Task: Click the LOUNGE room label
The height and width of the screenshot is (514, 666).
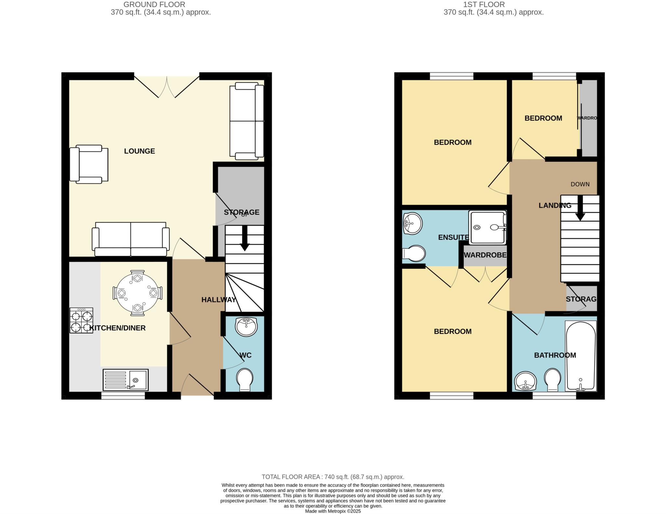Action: pyautogui.click(x=140, y=151)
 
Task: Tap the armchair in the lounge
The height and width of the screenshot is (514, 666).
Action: pyautogui.click(x=89, y=164)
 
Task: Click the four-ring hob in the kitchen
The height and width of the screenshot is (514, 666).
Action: pyautogui.click(x=81, y=320)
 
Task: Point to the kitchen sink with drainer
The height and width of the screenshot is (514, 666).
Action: pyautogui.click(x=126, y=380)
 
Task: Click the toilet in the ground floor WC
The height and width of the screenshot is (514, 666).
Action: pyautogui.click(x=245, y=380)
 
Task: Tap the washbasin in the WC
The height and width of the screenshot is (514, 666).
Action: pyautogui.click(x=246, y=327)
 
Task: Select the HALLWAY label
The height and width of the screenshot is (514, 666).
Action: pyautogui.click(x=218, y=300)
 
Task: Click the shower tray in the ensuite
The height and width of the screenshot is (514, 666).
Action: pyautogui.click(x=487, y=227)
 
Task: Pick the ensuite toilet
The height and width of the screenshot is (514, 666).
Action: pyautogui.click(x=414, y=254)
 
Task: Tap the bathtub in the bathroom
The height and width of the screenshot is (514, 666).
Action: pyautogui.click(x=581, y=356)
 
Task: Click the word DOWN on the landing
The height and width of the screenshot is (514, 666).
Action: pyautogui.click(x=580, y=184)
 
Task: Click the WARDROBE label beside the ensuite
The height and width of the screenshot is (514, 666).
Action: pyautogui.click(x=485, y=255)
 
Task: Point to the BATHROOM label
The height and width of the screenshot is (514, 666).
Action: pyautogui.click(x=555, y=355)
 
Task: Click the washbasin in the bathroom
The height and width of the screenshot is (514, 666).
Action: pyautogui.click(x=525, y=381)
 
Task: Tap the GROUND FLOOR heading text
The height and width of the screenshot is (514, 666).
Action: pyautogui.click(x=154, y=5)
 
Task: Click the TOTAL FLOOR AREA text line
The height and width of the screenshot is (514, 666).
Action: pyautogui.click(x=333, y=477)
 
